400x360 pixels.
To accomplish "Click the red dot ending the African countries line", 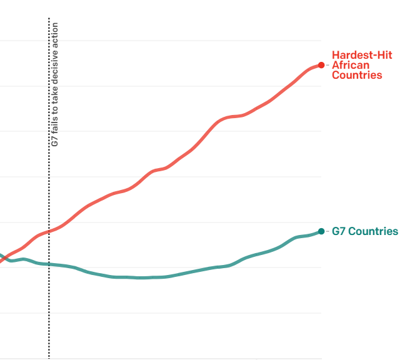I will tap(321, 65).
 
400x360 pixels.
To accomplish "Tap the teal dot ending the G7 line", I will tap(321, 231).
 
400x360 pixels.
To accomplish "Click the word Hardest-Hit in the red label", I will tap(362, 56).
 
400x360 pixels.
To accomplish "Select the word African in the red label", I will tap(351, 65).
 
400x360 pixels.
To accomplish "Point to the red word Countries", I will tap(357, 75).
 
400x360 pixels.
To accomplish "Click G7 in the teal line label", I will tap(338, 231).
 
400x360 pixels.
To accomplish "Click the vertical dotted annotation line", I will tap(49, 300).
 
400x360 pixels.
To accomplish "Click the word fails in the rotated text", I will tap(55, 124).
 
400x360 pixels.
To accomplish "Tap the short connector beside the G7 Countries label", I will tap(326, 231).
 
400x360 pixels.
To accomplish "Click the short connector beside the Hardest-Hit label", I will tap(326, 65).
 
